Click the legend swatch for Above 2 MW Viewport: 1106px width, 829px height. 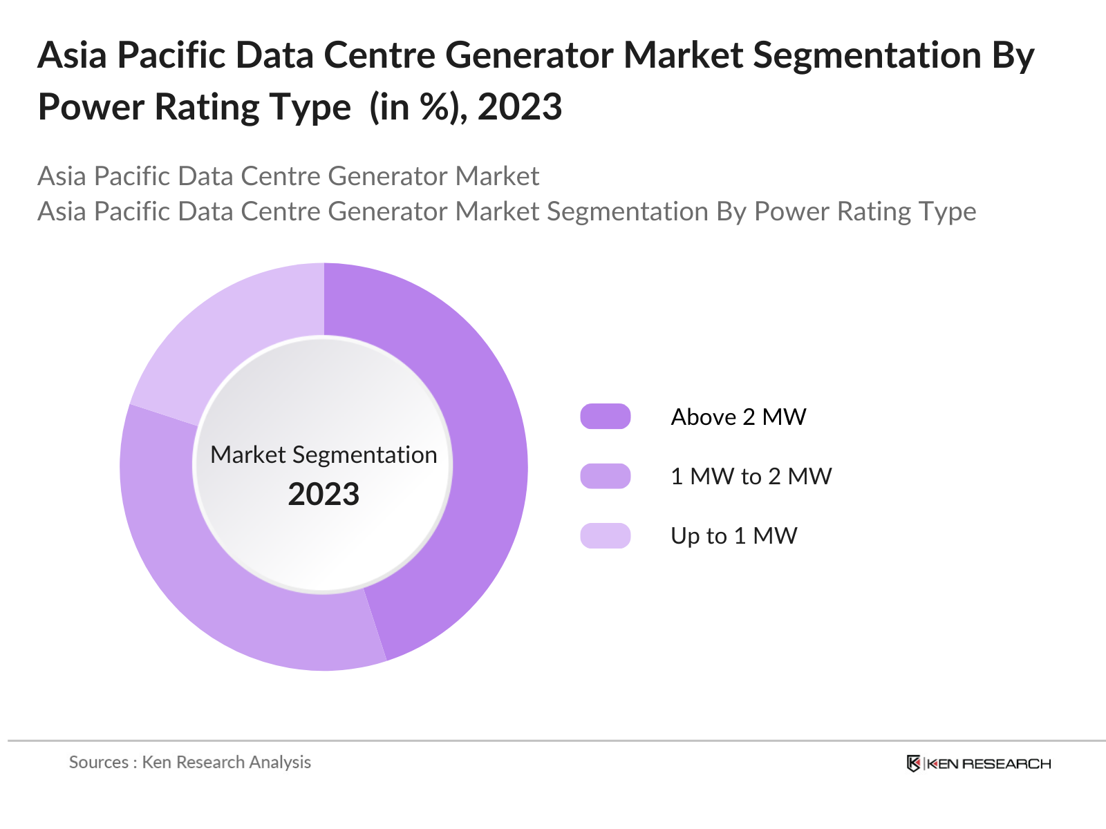[x=605, y=417]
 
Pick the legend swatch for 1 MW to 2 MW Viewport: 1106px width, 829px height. [x=605, y=476]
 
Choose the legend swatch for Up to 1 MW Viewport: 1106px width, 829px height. [x=605, y=535]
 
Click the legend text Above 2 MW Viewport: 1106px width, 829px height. [x=738, y=417]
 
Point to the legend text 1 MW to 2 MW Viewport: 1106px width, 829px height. [x=751, y=476]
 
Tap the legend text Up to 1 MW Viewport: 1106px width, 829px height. [x=733, y=535]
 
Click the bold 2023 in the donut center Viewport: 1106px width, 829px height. [x=324, y=495]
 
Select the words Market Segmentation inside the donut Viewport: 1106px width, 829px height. [x=324, y=455]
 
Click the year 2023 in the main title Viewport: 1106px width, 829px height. [x=519, y=107]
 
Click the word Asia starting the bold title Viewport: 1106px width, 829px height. [x=72, y=55]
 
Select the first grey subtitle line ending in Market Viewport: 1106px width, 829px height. [x=288, y=176]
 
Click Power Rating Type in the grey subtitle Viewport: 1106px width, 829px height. [x=865, y=211]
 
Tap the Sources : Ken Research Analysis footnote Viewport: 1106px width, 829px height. [x=189, y=762]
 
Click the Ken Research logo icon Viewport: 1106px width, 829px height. [x=913, y=763]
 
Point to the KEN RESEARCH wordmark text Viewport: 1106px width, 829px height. [x=988, y=763]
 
